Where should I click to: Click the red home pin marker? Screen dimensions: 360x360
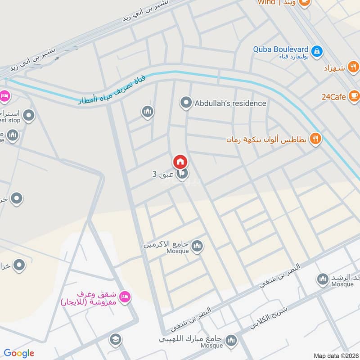click(180, 162)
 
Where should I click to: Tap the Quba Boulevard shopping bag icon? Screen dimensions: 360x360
click(317, 51)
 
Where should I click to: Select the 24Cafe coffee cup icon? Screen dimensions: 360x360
click(354, 96)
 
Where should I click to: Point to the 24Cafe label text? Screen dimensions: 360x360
click(334, 96)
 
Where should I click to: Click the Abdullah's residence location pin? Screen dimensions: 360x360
click(185, 103)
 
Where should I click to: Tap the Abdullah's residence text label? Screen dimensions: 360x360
click(230, 103)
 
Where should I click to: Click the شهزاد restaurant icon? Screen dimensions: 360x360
click(354, 68)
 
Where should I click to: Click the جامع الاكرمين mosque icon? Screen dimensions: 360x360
click(197, 246)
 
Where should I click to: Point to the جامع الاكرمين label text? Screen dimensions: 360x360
click(166, 245)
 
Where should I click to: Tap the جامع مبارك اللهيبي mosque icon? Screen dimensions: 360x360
click(231, 340)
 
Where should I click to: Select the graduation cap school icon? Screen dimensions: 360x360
click(115, 339)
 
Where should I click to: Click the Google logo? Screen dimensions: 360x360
click(19, 353)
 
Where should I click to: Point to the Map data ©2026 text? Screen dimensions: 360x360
click(335, 355)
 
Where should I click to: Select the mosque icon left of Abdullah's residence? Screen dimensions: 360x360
click(147, 112)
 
